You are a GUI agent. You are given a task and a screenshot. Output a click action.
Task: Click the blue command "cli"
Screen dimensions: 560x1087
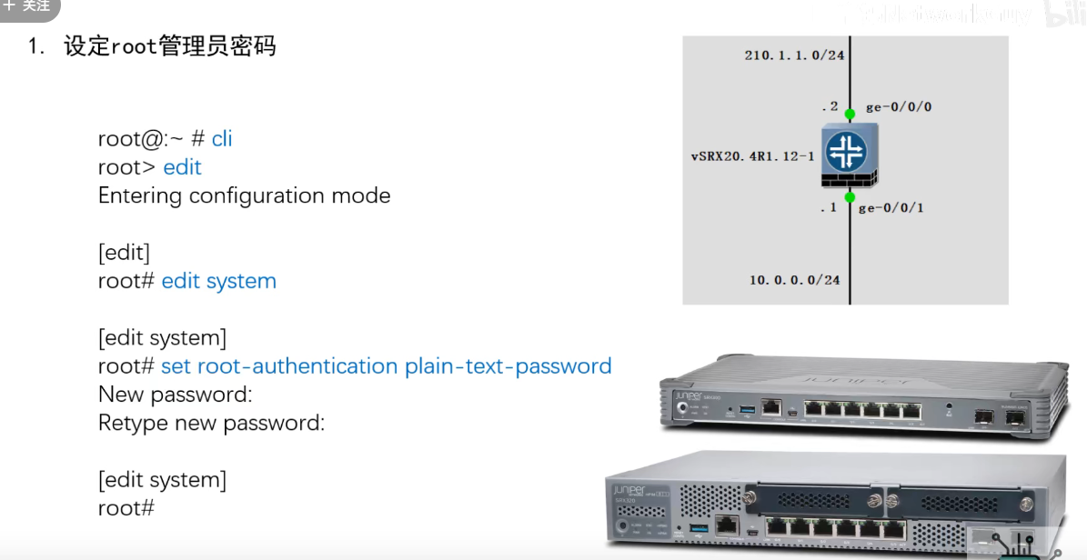pyautogui.click(x=222, y=138)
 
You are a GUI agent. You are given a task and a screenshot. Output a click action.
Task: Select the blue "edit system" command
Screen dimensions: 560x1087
pyautogui.click(x=218, y=281)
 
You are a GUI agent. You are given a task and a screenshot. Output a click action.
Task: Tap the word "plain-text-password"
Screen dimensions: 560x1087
pyautogui.click(x=508, y=366)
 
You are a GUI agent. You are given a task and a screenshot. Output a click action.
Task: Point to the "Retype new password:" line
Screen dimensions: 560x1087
pyautogui.click(x=211, y=423)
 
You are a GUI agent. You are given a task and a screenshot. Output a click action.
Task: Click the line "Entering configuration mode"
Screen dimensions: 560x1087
pyautogui.click(x=244, y=195)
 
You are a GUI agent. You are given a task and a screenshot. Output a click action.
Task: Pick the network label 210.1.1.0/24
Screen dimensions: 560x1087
pyautogui.click(x=794, y=55)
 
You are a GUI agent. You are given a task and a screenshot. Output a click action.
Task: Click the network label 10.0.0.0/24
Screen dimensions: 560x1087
pyautogui.click(x=794, y=280)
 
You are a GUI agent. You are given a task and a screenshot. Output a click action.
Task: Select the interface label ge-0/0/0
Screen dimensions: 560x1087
pyautogui.click(x=898, y=107)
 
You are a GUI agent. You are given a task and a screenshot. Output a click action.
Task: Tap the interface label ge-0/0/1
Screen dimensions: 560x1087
pyautogui.click(x=891, y=208)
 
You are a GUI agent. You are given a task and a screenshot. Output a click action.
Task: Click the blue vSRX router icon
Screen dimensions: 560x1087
pyautogui.click(x=850, y=153)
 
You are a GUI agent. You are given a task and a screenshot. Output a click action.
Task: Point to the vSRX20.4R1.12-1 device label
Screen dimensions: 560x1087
pyautogui.click(x=752, y=156)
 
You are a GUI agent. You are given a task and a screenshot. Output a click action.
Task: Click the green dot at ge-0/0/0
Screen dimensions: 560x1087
pyautogui.click(x=850, y=115)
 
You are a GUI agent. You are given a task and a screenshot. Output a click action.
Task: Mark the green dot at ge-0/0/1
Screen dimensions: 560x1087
pyautogui.click(x=850, y=196)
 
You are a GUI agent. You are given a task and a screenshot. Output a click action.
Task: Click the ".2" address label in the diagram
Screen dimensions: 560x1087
pyautogui.click(x=830, y=106)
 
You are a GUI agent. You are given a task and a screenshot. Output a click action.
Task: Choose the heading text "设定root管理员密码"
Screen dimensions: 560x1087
pyautogui.click(x=169, y=46)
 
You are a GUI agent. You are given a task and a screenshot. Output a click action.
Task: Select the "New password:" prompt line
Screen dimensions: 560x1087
pyautogui.click(x=175, y=395)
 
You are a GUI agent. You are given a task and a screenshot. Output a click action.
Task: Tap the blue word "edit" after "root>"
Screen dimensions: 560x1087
pyautogui.click(x=182, y=167)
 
